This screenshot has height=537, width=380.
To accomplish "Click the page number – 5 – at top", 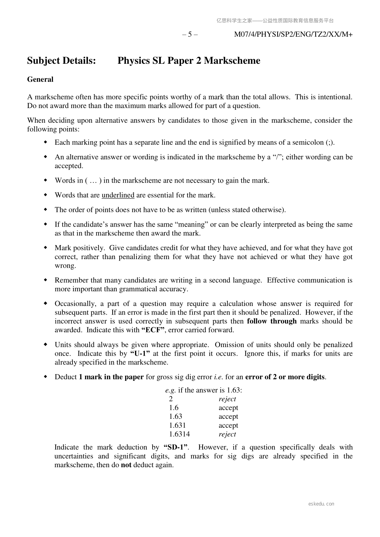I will [x=190, y=34].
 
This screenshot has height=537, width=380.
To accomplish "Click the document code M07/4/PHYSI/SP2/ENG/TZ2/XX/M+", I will [x=293, y=34].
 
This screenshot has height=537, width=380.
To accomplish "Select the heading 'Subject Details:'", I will [x=62, y=61].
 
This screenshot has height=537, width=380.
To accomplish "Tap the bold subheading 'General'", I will [x=40, y=79].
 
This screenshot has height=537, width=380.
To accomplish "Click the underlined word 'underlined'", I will [x=118, y=195].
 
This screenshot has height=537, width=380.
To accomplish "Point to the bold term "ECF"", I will [x=153, y=330].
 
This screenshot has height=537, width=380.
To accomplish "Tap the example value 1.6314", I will [x=179, y=434].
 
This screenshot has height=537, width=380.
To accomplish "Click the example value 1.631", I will [x=177, y=425].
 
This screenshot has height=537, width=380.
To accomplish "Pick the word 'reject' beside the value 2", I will [x=227, y=399].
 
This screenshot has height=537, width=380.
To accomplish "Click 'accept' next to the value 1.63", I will [x=228, y=417].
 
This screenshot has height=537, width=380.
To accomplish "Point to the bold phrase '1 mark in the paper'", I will [x=111, y=377].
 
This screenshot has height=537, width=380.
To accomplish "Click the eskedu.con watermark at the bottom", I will [x=321, y=504].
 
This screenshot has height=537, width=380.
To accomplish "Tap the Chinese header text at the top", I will [x=275, y=21].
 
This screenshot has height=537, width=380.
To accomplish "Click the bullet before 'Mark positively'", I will [x=45, y=248].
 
